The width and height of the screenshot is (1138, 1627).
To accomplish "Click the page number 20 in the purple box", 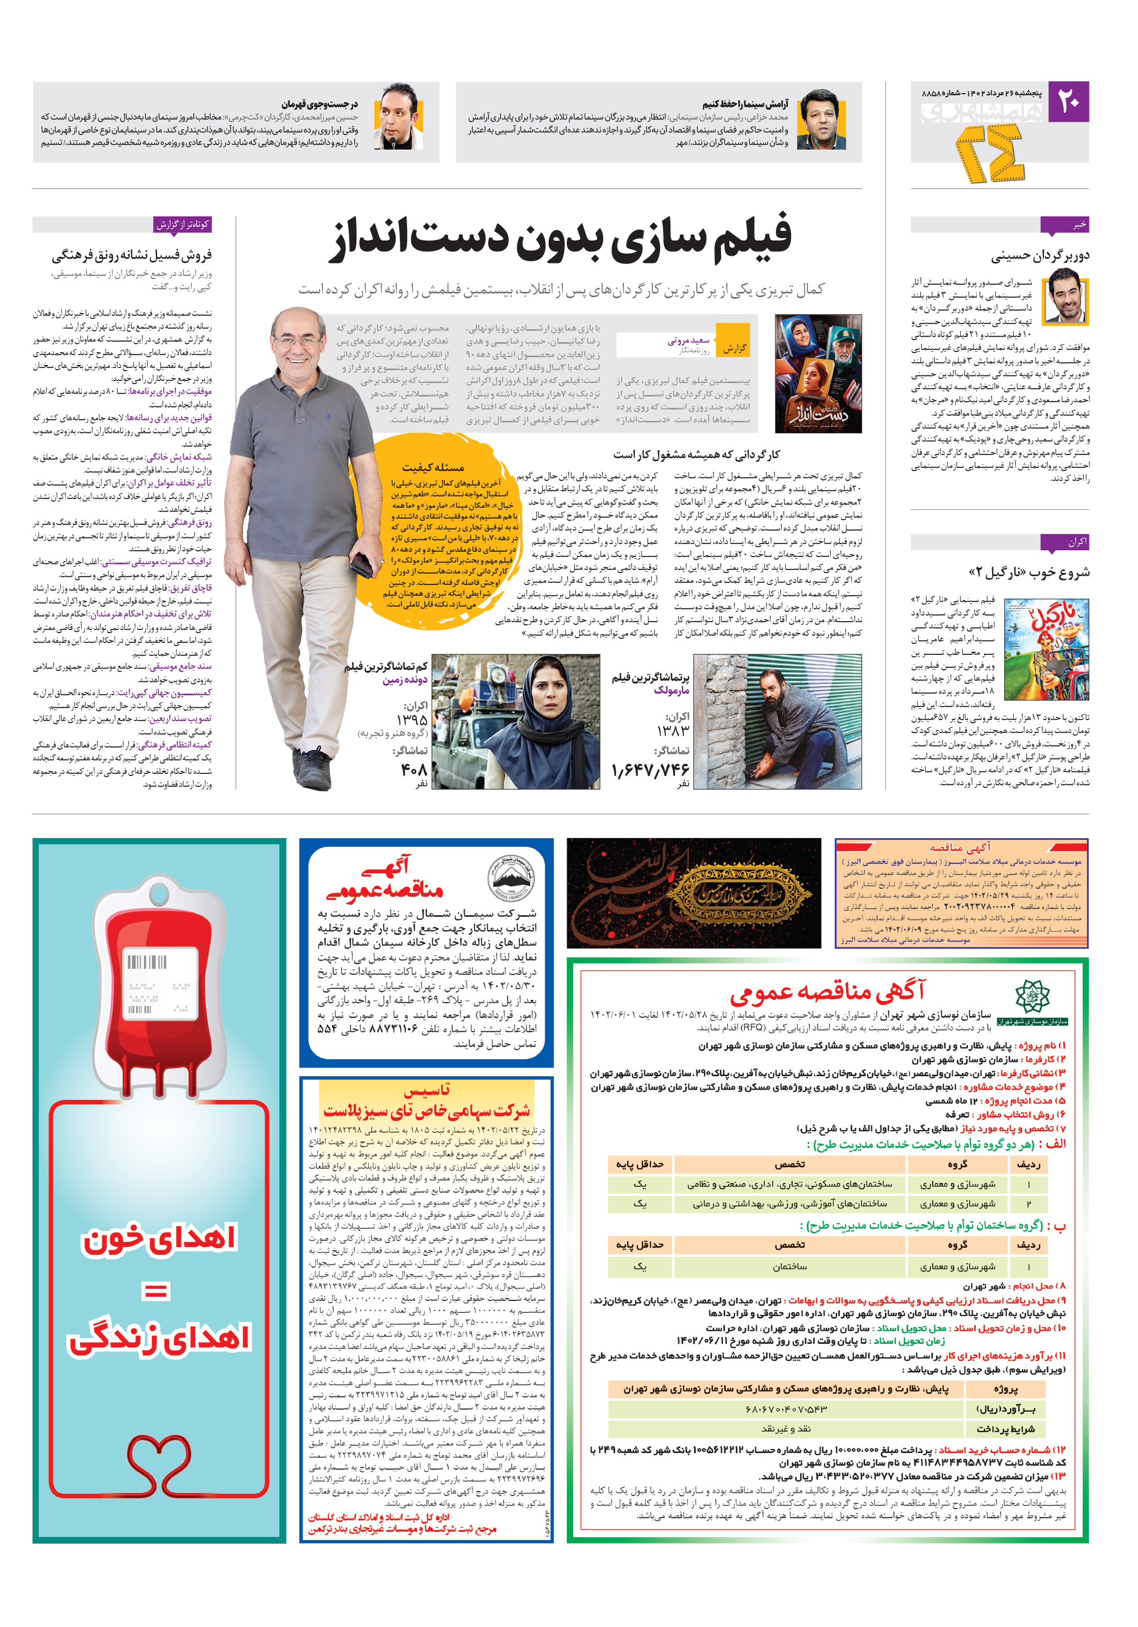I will tap(1068, 102).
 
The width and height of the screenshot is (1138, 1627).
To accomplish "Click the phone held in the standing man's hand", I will tap(361, 564).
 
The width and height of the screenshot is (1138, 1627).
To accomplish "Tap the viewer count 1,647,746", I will tap(650, 769).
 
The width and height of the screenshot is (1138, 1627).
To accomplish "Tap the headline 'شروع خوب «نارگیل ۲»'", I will tap(1028, 572).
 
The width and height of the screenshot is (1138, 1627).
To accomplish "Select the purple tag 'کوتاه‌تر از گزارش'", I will tap(183, 225).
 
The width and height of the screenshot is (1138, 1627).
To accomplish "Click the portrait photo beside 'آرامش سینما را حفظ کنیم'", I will tap(821, 119).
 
